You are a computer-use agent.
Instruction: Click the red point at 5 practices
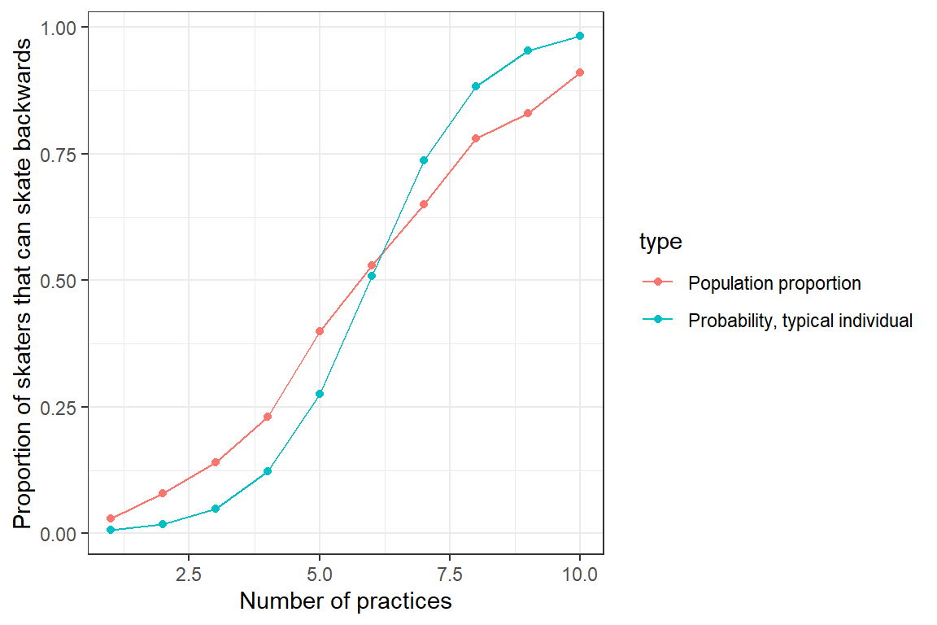[320, 331]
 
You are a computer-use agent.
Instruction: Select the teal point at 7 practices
[424, 160]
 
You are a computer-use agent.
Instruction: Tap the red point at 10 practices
[580, 72]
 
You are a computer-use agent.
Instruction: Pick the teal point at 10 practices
[580, 36]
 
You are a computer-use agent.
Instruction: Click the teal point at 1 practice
[111, 530]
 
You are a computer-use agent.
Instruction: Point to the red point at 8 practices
[476, 138]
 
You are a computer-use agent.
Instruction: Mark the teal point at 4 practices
[267, 471]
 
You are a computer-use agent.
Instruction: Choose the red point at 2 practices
[163, 493]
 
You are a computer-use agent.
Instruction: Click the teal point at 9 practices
[528, 50]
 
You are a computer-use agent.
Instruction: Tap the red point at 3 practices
[215, 462]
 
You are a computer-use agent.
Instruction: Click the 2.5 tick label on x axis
[189, 575]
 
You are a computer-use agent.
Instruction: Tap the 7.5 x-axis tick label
[450, 575]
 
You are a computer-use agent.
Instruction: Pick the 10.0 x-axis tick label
[580, 575]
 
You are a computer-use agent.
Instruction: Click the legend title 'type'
[660, 242]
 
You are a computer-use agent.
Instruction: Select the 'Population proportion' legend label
[774, 283]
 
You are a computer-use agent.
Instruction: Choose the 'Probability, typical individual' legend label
[800, 321]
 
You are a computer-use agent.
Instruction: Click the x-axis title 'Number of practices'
[346, 602]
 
